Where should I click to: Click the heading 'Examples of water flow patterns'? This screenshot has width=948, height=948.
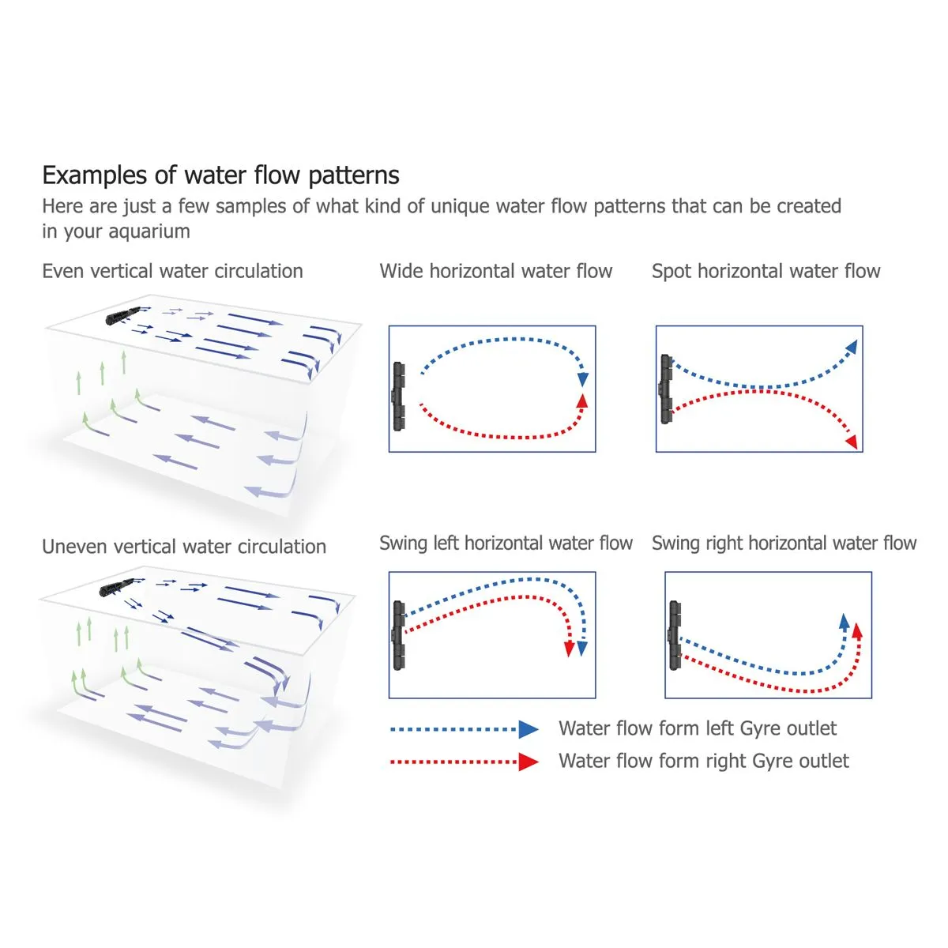click(221, 175)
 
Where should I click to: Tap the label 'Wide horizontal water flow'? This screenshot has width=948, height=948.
click(496, 271)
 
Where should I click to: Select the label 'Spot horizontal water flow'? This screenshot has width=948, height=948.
click(766, 272)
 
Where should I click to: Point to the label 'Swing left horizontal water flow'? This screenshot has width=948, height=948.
click(506, 543)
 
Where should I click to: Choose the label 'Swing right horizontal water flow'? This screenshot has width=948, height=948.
click(784, 543)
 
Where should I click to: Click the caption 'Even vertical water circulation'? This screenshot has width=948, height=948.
click(173, 271)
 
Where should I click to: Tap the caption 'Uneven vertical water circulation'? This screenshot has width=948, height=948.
click(184, 547)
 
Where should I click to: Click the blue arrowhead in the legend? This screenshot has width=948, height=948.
click(529, 730)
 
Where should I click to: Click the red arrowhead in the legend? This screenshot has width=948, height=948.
click(529, 762)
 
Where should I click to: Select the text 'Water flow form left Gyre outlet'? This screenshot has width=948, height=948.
click(698, 728)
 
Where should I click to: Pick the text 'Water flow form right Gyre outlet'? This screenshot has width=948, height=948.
click(704, 761)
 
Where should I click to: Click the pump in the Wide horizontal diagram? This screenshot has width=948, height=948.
click(398, 397)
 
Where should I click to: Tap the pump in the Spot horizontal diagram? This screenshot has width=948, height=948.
click(666, 389)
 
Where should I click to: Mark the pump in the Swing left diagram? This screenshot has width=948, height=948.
click(398, 636)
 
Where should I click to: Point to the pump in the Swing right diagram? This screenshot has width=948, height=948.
click(675, 636)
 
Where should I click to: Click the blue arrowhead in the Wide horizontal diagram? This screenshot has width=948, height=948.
click(583, 379)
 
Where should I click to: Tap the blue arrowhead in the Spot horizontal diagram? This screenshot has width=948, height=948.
click(852, 347)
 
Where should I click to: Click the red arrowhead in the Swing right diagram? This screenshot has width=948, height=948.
click(857, 631)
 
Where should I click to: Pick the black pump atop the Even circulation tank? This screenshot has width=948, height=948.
click(123, 315)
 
